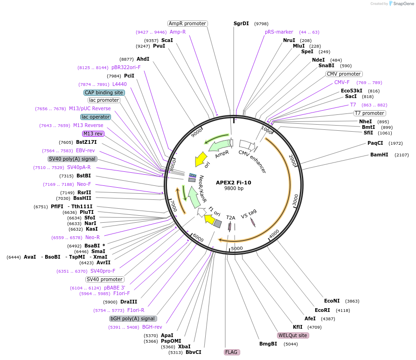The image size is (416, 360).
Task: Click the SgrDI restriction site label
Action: coord(241,24)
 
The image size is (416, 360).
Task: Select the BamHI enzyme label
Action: coord(379,155)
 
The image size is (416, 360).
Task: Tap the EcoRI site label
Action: coord(322,310)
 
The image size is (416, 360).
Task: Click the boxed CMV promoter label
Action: coord(344,74)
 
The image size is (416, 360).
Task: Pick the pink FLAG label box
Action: coord(231,352)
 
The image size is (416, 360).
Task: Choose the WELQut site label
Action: coord(292,335)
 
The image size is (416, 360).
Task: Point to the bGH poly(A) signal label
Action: coord(132,318)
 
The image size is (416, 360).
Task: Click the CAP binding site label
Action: coord(104,92)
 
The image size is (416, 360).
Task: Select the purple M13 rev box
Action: coord(93,134)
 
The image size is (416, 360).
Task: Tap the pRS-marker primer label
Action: coord(279,32)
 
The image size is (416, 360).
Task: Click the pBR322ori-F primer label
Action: coord(126,67)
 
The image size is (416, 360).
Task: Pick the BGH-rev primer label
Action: coord(152,327)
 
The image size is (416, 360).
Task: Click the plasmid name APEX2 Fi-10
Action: coord(234,183)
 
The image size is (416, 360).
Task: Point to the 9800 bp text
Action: coord(234,188)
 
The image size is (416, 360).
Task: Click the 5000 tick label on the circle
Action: coord(236,248)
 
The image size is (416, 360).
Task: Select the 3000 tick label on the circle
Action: coord(295,200)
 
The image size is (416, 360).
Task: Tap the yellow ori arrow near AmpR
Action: coord(201,159)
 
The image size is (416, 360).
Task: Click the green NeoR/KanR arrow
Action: coord(194,197)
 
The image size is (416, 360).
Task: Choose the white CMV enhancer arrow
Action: coord(247,145)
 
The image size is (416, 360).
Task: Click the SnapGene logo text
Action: coord(403,3)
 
